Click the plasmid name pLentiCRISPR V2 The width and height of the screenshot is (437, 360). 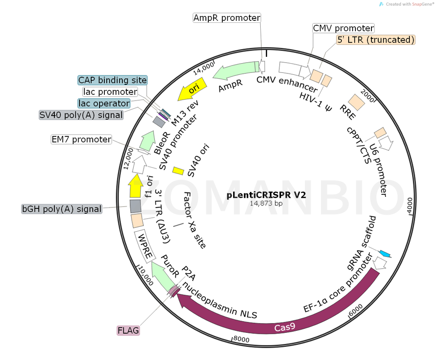point(266,194)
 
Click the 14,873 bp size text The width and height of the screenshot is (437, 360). point(266,204)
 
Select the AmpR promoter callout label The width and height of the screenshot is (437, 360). point(227,18)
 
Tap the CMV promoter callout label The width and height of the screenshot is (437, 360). point(343,28)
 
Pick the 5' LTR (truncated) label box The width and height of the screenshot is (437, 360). point(376,40)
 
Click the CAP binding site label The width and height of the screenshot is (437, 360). point(112,80)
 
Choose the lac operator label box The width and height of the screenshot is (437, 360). point(104,103)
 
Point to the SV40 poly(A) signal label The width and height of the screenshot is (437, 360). point(81,115)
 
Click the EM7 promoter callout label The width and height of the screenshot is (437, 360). point(81,139)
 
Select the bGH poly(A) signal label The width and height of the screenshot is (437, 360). point(62,209)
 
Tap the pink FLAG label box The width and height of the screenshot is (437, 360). point(128,330)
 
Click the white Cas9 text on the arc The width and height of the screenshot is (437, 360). point(285,327)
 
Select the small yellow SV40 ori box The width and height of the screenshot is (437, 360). point(178,171)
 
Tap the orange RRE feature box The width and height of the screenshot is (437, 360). point(357,102)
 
